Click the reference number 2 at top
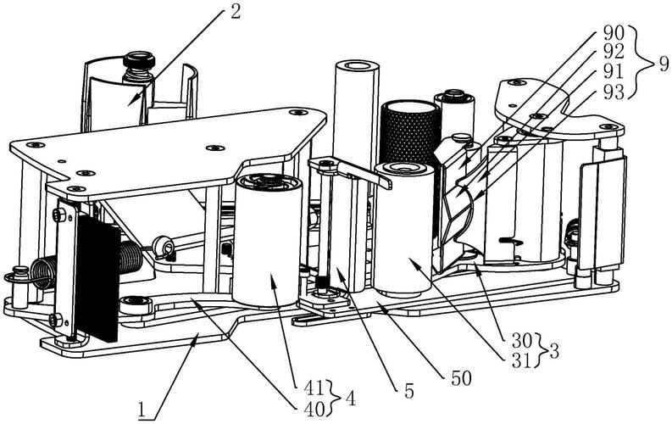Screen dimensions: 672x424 coord(235,12)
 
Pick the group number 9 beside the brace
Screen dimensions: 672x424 coord(663,64)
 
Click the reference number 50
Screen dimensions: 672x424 coord(461,378)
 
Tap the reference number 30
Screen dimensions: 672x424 coord(522,342)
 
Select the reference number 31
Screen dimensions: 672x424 coord(522,361)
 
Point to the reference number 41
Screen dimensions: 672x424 coord(314,389)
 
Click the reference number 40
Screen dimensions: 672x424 coord(314,410)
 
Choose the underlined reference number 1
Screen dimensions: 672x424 coord(142,410)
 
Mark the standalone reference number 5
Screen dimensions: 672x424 coord(409,391)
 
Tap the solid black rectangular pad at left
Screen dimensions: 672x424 coord(97,278)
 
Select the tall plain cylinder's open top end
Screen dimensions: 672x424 coord(357,66)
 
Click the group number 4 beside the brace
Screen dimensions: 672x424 coord(350,399)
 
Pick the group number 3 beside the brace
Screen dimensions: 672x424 coord(553,352)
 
